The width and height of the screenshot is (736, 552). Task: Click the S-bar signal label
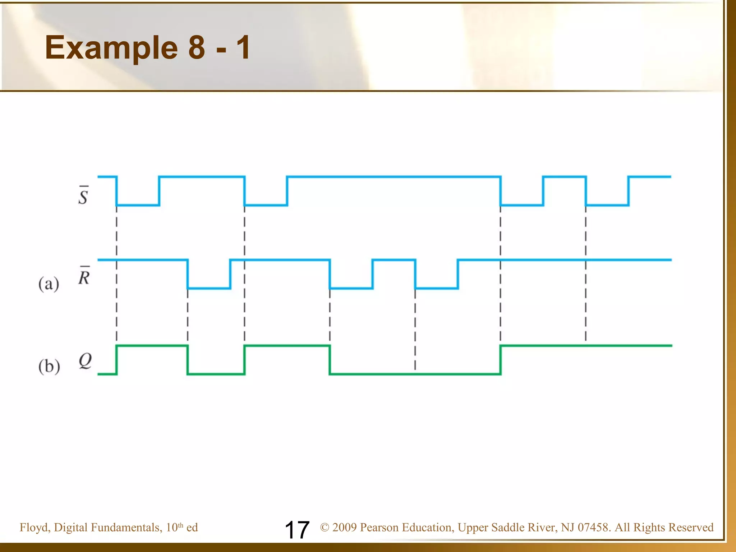click(83, 196)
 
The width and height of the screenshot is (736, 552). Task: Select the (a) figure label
click(49, 284)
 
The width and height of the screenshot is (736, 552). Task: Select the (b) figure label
click(49, 367)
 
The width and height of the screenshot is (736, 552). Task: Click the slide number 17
click(297, 530)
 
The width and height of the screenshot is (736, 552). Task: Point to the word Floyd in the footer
click(34, 528)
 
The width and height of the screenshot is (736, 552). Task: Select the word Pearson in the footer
click(380, 528)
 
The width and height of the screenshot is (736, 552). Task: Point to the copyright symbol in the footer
click(325, 528)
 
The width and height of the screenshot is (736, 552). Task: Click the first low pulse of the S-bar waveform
click(138, 205)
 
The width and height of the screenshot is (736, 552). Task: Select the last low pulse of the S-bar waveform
click(607, 205)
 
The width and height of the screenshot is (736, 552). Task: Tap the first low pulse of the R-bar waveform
click(209, 288)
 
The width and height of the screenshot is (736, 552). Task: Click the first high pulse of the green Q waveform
click(152, 346)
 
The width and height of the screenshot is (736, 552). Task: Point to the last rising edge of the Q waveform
click(501, 360)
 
